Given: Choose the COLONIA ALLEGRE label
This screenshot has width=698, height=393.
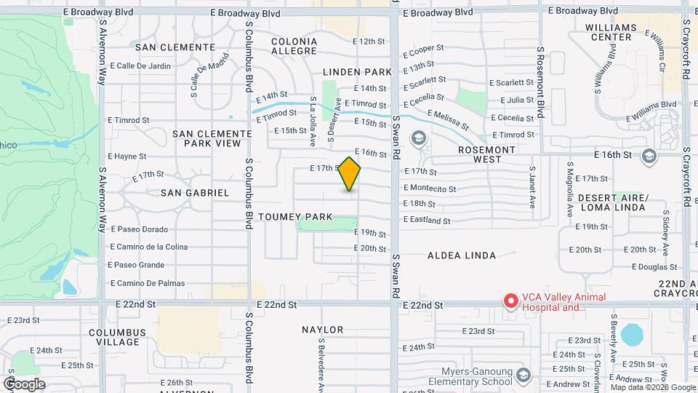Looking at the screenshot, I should pyautogui.click(x=294, y=47).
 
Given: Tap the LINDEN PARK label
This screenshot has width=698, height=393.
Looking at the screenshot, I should pyautogui.click(x=357, y=71).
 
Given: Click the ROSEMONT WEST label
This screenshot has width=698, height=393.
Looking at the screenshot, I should pyautogui.click(x=486, y=154).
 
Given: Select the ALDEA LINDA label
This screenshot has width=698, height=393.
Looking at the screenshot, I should pyautogui.click(x=462, y=255).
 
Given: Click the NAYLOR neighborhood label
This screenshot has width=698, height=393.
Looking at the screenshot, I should pyautogui.click(x=323, y=330).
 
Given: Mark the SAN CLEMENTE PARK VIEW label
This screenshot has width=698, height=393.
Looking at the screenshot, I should pyautogui.click(x=207, y=139).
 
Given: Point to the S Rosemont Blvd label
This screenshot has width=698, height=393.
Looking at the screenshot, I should pyautogui.click(x=540, y=83).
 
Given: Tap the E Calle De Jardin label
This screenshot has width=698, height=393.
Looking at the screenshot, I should pyautogui.click(x=139, y=66).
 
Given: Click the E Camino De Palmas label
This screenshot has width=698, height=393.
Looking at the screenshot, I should pyautogui.click(x=147, y=283).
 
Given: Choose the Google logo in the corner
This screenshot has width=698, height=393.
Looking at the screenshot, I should pyautogui.click(x=24, y=384).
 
